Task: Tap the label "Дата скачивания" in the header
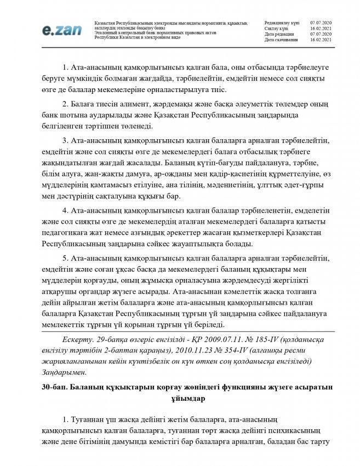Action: tap(281, 40)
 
